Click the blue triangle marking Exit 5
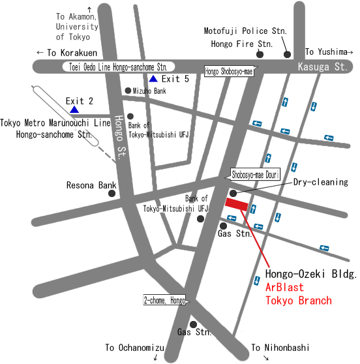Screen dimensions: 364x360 153,79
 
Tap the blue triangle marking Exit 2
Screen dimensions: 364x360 74,110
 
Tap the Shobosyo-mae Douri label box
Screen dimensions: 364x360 256,174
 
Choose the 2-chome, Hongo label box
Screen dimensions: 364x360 164,301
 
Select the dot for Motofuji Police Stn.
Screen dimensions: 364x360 286,55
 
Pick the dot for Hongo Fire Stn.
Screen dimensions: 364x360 260,55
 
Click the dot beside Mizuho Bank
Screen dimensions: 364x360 128,91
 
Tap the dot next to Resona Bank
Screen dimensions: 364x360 112,193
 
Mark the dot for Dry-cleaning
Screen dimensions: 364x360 233,192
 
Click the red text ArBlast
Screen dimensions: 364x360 285,288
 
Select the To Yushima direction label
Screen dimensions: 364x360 329,52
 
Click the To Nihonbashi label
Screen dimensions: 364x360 280,348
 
